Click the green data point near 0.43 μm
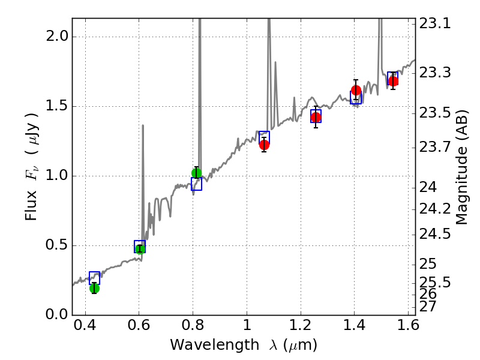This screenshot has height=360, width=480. coord(94,288)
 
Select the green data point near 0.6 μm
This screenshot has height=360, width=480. coord(140,249)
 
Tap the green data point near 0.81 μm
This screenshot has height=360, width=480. coord(196,173)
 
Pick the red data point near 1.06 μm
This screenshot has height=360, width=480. coord(264,145)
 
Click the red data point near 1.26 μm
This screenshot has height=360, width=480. coord(316,117)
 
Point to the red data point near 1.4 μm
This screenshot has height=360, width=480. coord(356,91)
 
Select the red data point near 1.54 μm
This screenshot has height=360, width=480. coord(393,81)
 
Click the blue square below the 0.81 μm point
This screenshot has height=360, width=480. coord(196,184)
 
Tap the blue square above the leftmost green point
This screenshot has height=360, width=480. coord(94,278)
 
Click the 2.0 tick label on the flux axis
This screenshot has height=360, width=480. coord(57,37)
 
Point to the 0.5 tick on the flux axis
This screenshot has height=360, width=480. coord(57,245)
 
